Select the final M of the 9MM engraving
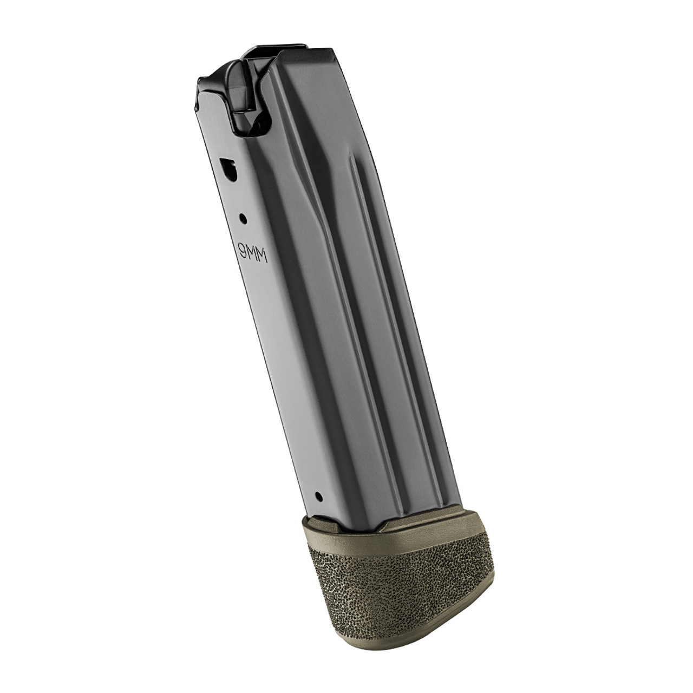point(264,259)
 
